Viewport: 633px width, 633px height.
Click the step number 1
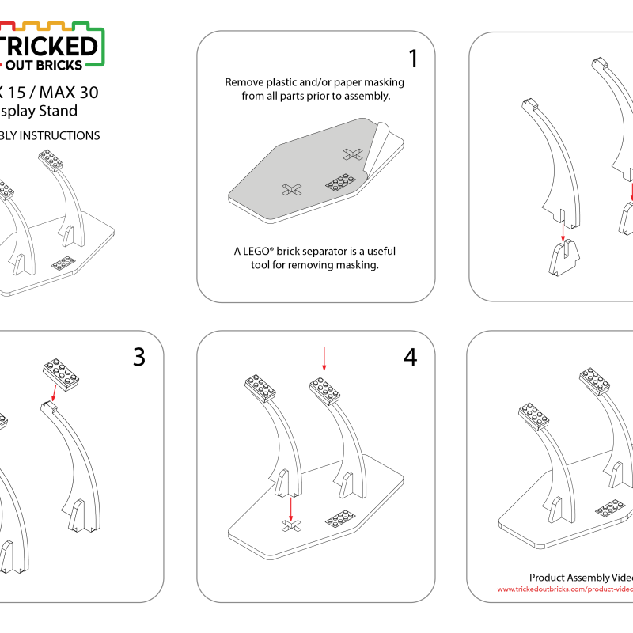click(x=412, y=59)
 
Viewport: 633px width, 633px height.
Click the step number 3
click(x=139, y=357)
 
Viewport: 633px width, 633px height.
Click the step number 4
click(x=410, y=357)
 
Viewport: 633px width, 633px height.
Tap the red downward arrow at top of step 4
click(x=324, y=357)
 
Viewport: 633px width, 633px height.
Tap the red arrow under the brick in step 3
click(x=53, y=393)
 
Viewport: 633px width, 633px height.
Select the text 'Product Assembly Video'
click(x=581, y=578)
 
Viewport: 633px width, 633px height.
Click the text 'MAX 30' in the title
click(x=73, y=92)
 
